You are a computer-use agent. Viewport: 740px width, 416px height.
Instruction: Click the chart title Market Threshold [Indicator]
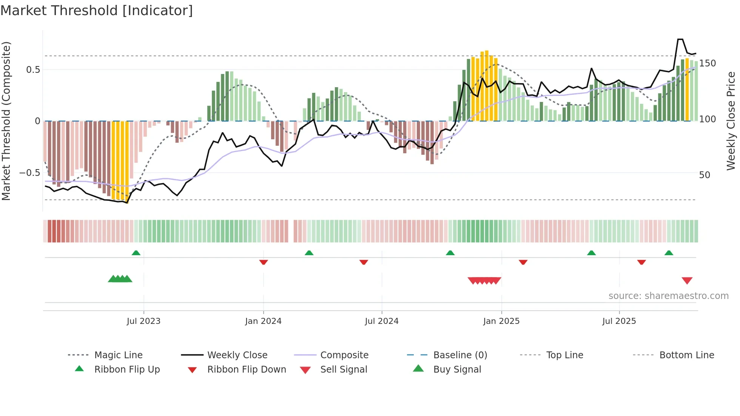click(97, 11)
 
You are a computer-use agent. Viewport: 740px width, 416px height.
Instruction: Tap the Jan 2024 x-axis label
click(263, 321)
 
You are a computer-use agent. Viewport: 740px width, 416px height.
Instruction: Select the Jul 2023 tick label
click(143, 321)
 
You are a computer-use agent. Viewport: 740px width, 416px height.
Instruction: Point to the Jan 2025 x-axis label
click(501, 321)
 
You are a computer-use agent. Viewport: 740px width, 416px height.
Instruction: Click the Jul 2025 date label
click(619, 321)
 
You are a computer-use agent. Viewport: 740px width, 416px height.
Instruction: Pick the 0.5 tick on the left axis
click(33, 70)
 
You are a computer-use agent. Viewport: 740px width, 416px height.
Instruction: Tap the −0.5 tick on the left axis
click(29, 173)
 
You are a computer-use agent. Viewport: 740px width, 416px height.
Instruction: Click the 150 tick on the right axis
click(707, 63)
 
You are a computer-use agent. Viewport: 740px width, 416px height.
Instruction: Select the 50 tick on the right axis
click(705, 175)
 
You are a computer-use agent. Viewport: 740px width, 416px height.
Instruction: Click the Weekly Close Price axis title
click(731, 121)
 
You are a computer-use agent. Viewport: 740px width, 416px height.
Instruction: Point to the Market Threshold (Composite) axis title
click(6, 121)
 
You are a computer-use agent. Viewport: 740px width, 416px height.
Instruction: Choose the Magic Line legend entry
click(118, 355)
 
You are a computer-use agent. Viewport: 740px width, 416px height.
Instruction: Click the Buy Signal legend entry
click(457, 370)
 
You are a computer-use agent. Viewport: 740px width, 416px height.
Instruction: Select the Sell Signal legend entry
click(344, 370)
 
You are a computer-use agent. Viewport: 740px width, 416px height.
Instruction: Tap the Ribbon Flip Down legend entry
click(247, 370)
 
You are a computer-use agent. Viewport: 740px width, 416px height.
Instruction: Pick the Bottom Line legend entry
click(686, 355)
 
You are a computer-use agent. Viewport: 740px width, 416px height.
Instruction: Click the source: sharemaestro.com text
click(668, 296)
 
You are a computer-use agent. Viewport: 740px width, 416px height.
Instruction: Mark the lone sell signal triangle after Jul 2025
click(687, 280)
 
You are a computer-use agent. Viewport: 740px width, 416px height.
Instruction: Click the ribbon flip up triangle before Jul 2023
click(136, 253)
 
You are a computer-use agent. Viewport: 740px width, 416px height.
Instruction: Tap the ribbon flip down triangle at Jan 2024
click(264, 262)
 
